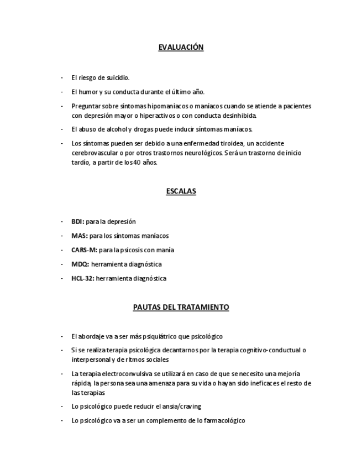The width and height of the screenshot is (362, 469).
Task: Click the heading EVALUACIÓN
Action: pos(181,48)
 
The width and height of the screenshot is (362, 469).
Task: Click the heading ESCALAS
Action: pos(181,191)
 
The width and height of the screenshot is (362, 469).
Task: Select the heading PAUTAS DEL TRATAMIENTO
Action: pos(181,307)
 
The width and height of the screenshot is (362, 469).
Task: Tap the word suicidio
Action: pos(118,78)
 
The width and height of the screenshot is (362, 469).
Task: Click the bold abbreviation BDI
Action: pos(77,222)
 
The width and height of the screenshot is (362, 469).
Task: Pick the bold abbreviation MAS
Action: pos(79,236)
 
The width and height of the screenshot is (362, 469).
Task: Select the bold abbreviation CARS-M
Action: pos(83,250)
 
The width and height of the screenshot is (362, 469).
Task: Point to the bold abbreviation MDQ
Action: pos(80,264)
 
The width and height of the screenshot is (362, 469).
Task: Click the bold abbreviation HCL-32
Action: pos(83,279)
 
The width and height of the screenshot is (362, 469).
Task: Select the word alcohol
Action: pos(117,129)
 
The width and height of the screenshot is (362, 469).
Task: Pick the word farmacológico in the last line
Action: pos(224,421)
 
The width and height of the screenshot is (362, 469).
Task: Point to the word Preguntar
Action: pos(85,106)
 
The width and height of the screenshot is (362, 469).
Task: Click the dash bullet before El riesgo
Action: pos(62,78)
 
